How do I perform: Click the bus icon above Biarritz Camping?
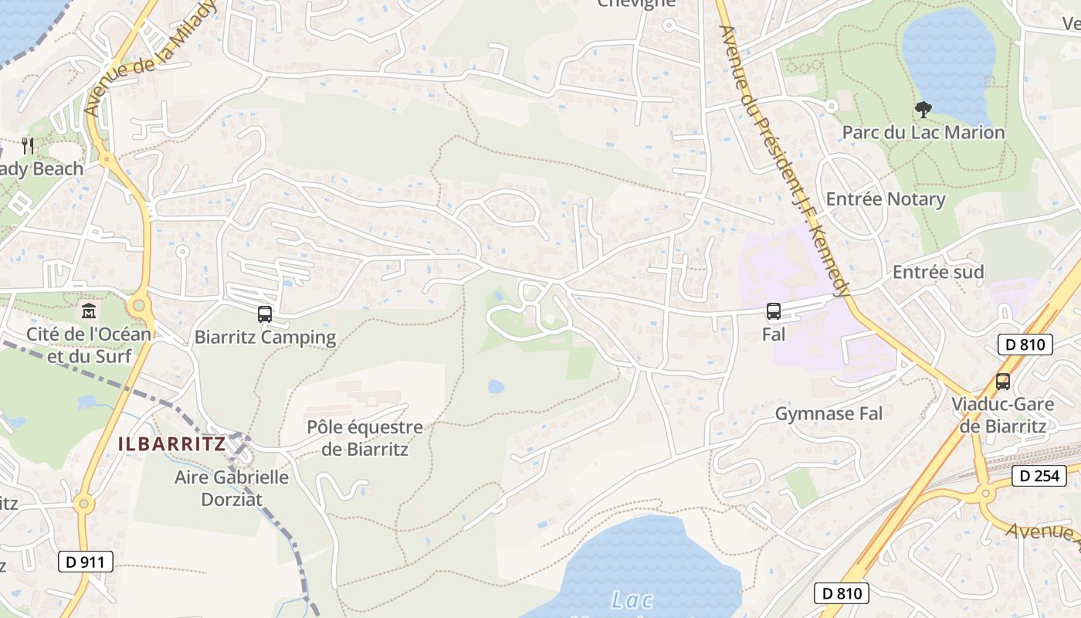click(265, 314)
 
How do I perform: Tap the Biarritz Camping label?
click(265, 338)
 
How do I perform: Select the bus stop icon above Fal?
click(773, 311)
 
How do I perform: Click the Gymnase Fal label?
click(828, 414)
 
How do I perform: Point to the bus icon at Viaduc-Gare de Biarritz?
click(1002, 381)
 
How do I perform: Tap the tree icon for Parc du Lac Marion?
click(923, 110)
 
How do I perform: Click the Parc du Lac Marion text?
click(923, 133)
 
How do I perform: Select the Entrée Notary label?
click(885, 199)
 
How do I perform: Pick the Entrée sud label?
click(937, 272)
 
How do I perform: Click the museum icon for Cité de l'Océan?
click(89, 311)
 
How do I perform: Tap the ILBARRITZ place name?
click(171, 444)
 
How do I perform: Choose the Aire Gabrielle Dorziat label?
click(231, 487)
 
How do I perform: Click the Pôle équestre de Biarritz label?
click(364, 438)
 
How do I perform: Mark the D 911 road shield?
click(86, 562)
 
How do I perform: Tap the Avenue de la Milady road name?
click(147, 57)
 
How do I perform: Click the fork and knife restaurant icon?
click(28, 144)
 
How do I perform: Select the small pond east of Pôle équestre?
click(496, 386)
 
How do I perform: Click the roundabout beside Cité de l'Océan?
click(139, 306)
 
